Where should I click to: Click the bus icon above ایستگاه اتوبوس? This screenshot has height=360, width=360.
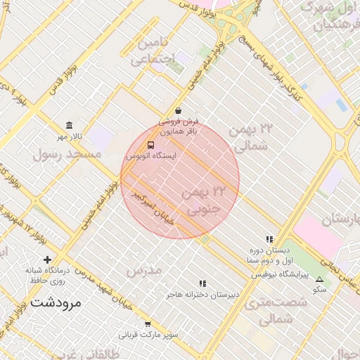click(151, 145)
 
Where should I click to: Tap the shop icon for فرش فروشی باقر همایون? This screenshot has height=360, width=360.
click(178, 110)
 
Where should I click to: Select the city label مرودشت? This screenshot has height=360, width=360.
click(56, 304)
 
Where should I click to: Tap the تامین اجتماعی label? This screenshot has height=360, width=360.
click(156, 51)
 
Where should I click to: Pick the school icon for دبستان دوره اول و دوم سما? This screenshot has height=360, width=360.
click(269, 240)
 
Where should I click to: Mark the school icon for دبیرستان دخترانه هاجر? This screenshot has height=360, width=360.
click(203, 283)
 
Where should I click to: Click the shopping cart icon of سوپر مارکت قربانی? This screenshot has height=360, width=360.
click(148, 324)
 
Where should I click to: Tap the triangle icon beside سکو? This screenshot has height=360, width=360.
click(320, 279)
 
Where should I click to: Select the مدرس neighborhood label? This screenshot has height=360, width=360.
click(143, 270)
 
